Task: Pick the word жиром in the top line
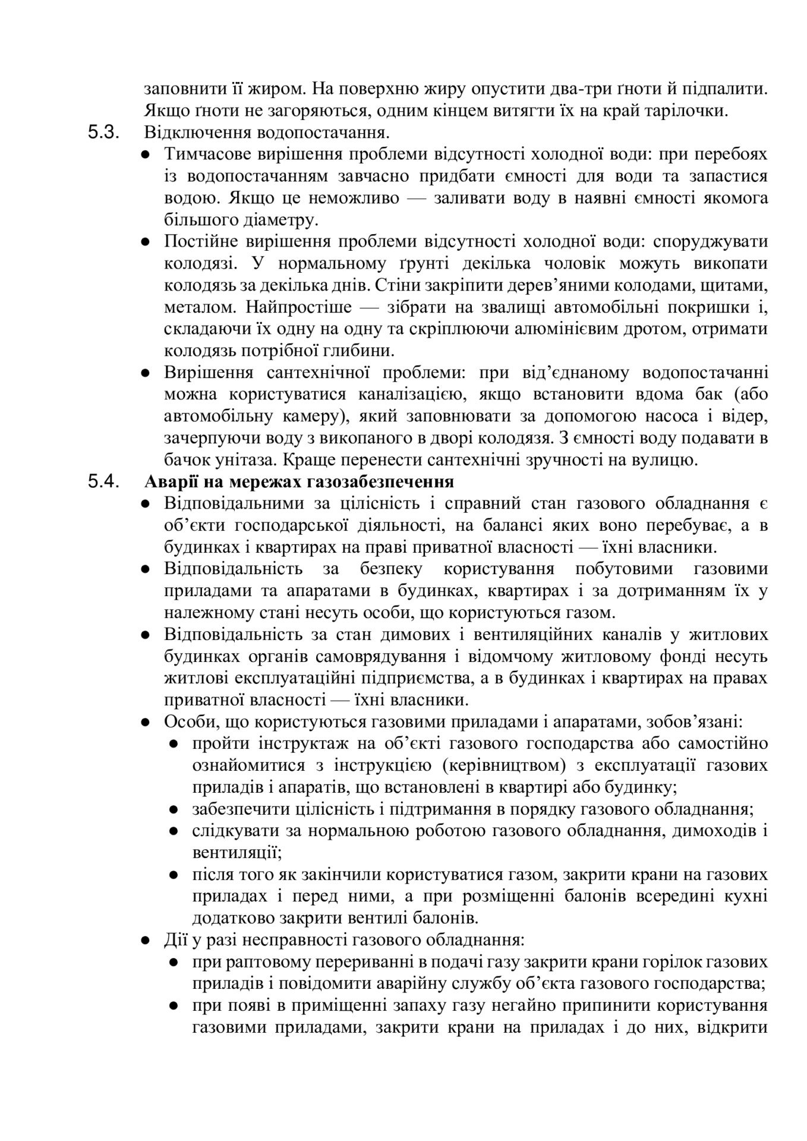click(x=278, y=89)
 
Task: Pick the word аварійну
click(x=411, y=984)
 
